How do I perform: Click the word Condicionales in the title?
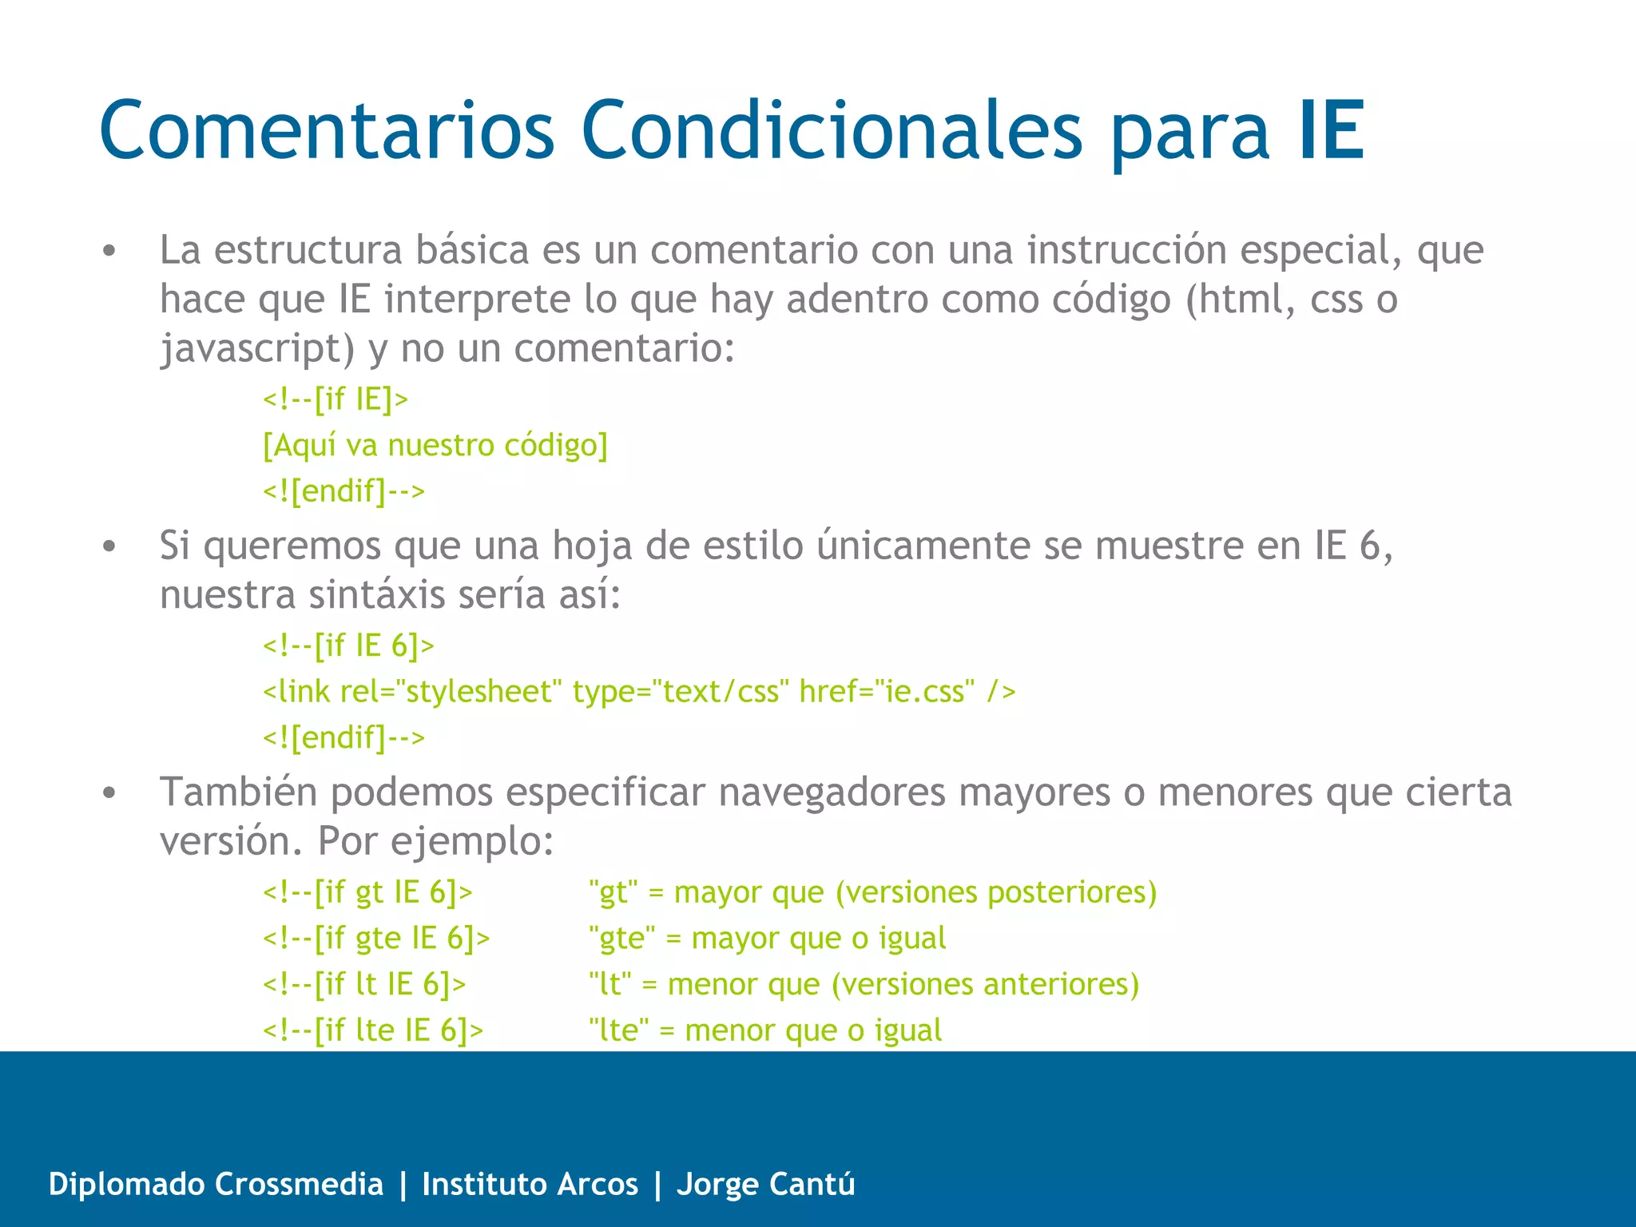click(831, 129)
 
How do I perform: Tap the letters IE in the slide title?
click(1331, 129)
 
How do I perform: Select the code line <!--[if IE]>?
click(336, 399)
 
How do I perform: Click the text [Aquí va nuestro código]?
click(435, 445)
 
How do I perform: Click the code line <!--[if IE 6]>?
click(348, 645)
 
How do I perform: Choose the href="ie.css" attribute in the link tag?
click(887, 691)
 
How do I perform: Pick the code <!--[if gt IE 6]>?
click(367, 891)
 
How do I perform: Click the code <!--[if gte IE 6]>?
click(376, 938)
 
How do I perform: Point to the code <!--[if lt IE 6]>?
click(364, 984)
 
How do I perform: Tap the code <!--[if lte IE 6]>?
click(373, 1030)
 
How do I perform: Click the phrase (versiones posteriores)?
click(996, 891)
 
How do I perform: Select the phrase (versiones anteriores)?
click(985, 984)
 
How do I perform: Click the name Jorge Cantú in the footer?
click(765, 1184)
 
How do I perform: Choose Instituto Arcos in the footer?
click(530, 1184)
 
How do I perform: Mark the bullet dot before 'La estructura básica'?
click(109, 252)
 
